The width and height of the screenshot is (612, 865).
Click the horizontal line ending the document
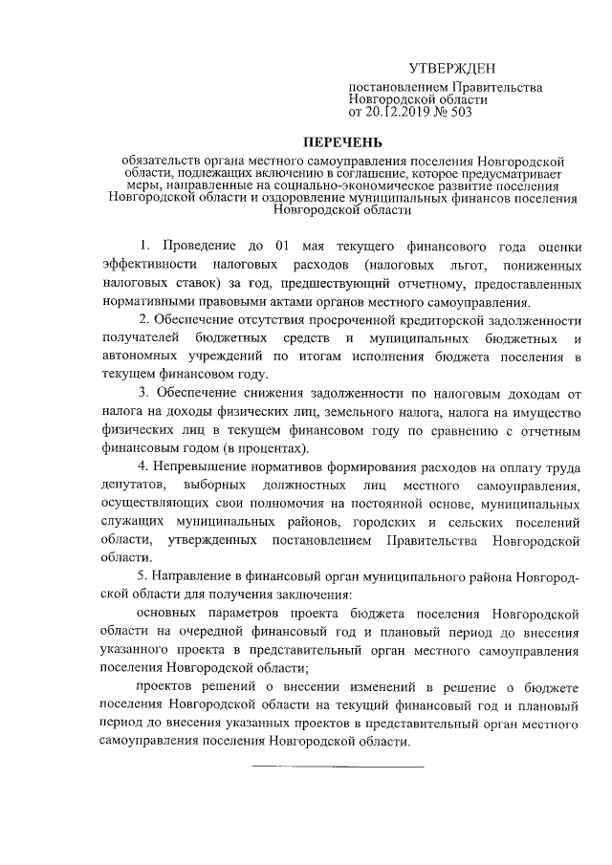pyautogui.click(x=337, y=766)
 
